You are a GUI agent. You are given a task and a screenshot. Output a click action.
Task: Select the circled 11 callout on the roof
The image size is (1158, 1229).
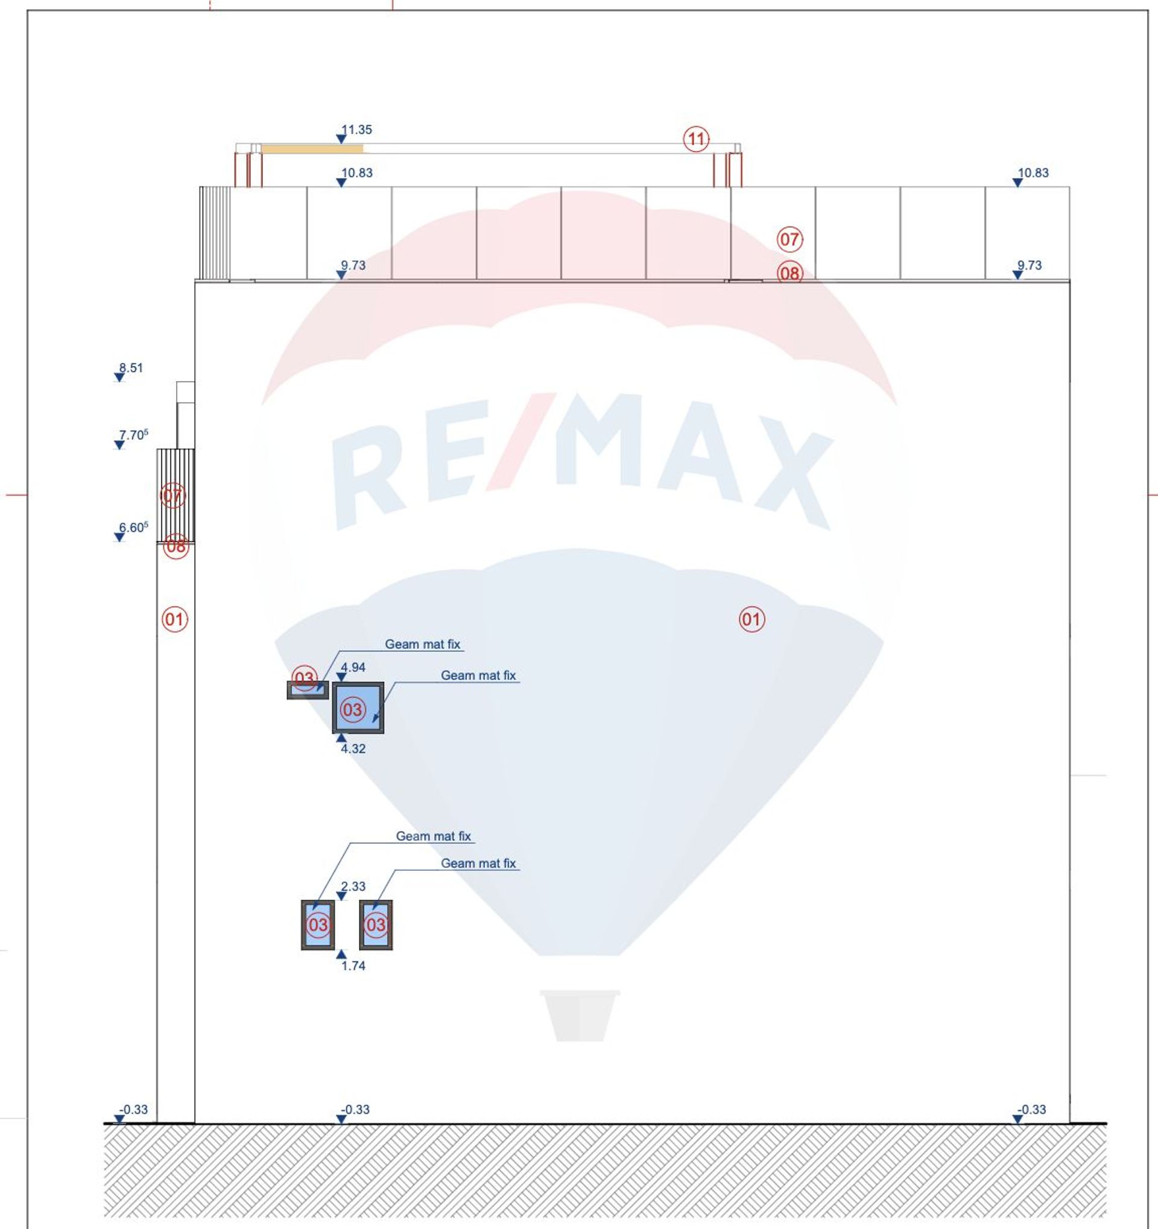click(696, 139)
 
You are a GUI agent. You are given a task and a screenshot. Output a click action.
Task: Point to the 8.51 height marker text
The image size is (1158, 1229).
click(131, 368)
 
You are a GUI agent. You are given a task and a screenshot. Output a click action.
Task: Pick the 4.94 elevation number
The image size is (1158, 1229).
click(353, 668)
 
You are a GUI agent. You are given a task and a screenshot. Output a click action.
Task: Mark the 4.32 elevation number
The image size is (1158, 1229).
click(353, 748)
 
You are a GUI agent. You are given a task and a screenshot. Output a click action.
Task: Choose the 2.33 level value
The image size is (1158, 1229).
click(353, 886)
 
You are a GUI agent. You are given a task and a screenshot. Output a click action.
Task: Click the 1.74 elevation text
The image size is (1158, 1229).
click(353, 965)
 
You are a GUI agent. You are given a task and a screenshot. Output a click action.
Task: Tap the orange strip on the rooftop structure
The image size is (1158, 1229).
click(312, 148)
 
